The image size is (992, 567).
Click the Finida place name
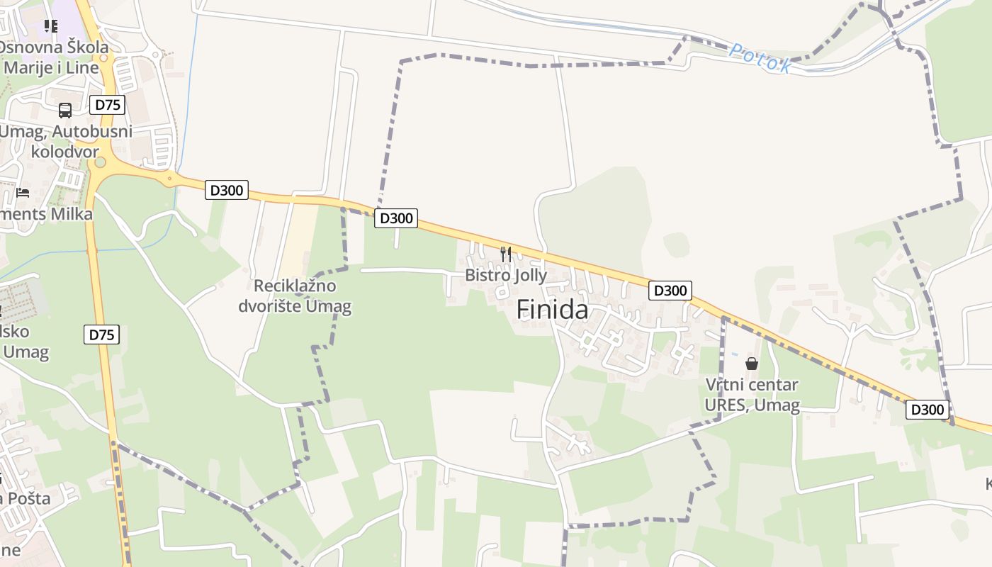pyautogui.click(x=552, y=310)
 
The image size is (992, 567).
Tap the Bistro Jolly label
pyautogui.click(x=506, y=275)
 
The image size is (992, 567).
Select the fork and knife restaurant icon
pyautogui.click(x=506, y=254)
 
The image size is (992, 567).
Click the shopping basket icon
pyautogui.click(x=752, y=364)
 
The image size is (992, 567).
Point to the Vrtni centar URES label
pyautogui.click(x=752, y=395)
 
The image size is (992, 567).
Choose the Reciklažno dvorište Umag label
pyautogui.click(x=295, y=296)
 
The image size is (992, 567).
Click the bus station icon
pyautogui.click(x=65, y=111)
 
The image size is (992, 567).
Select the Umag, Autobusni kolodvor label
pyautogui.click(x=66, y=141)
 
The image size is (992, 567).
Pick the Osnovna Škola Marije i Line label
pyautogui.click(x=56, y=57)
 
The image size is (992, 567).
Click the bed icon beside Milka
pyautogui.click(x=23, y=192)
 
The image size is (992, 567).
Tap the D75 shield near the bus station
pyautogui.click(x=108, y=105)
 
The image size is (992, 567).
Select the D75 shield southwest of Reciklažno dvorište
pyautogui.click(x=102, y=335)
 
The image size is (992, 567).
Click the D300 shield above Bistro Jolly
pyautogui.click(x=396, y=218)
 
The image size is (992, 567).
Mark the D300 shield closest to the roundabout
pyautogui.click(x=227, y=190)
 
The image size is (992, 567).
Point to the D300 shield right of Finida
pyautogui.click(x=670, y=291)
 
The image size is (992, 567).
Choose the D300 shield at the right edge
pyautogui.click(x=927, y=410)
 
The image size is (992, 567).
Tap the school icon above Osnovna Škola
pyautogui.click(x=50, y=26)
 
